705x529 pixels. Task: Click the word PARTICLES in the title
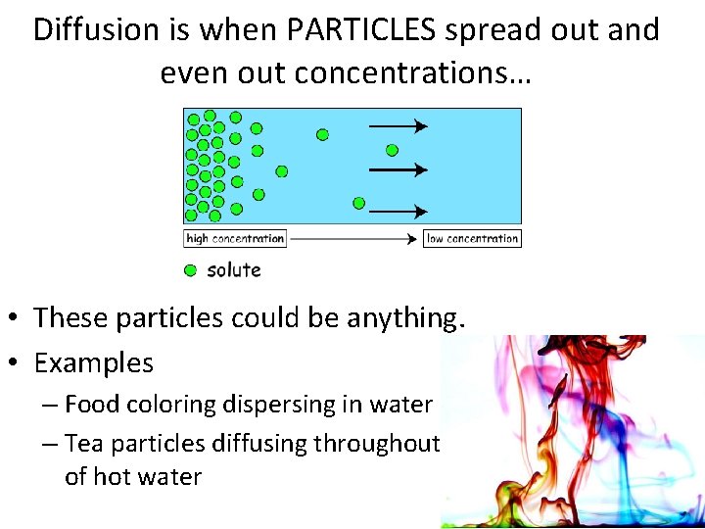[361, 30]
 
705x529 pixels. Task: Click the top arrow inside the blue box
[397, 125]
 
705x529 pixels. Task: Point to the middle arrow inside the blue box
[397, 169]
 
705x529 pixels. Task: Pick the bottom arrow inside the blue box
[397, 211]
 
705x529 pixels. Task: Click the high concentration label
[235, 238]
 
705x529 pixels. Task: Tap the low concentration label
[472, 238]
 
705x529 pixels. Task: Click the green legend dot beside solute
[190, 269]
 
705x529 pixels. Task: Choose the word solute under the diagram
[234, 269]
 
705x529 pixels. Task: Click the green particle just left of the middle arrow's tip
[392, 150]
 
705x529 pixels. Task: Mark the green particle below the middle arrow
[358, 203]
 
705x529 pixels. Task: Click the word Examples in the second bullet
[94, 363]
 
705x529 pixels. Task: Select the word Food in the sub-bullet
[89, 405]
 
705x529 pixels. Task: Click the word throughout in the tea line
[376, 444]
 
